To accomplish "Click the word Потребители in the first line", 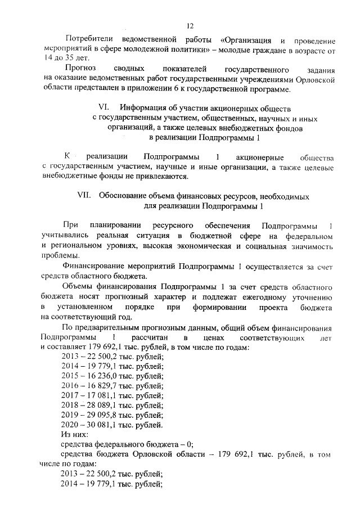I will click(x=90, y=40).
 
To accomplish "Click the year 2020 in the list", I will click(x=70, y=427).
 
